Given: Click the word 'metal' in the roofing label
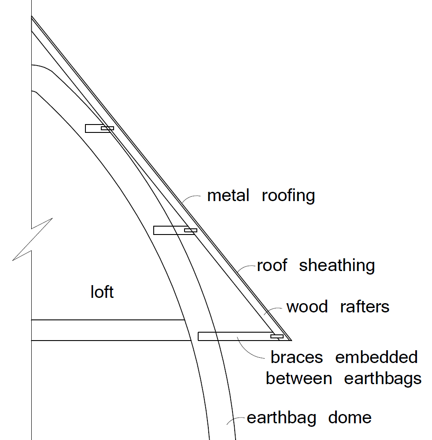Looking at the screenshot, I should point(228,195).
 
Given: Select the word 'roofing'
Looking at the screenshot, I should point(288,196).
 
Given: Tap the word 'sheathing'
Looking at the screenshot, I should point(337,266).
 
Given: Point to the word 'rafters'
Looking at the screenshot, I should point(365,307).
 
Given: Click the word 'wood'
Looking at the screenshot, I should point(307,307).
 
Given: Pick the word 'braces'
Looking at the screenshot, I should point(296,357).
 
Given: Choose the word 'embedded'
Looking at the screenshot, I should point(376,357).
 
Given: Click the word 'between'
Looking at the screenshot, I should point(299,378).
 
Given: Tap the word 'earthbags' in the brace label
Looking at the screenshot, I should point(383,378).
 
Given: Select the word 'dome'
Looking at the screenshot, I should point(350,418).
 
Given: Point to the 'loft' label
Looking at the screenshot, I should point(102,292).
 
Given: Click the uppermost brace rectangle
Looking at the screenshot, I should point(95,128).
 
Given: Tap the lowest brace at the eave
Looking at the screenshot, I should point(233,336).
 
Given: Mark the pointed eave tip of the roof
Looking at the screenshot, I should point(291,340).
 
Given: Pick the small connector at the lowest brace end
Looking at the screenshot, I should point(277,337).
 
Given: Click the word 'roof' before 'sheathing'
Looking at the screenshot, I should point(272,266).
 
